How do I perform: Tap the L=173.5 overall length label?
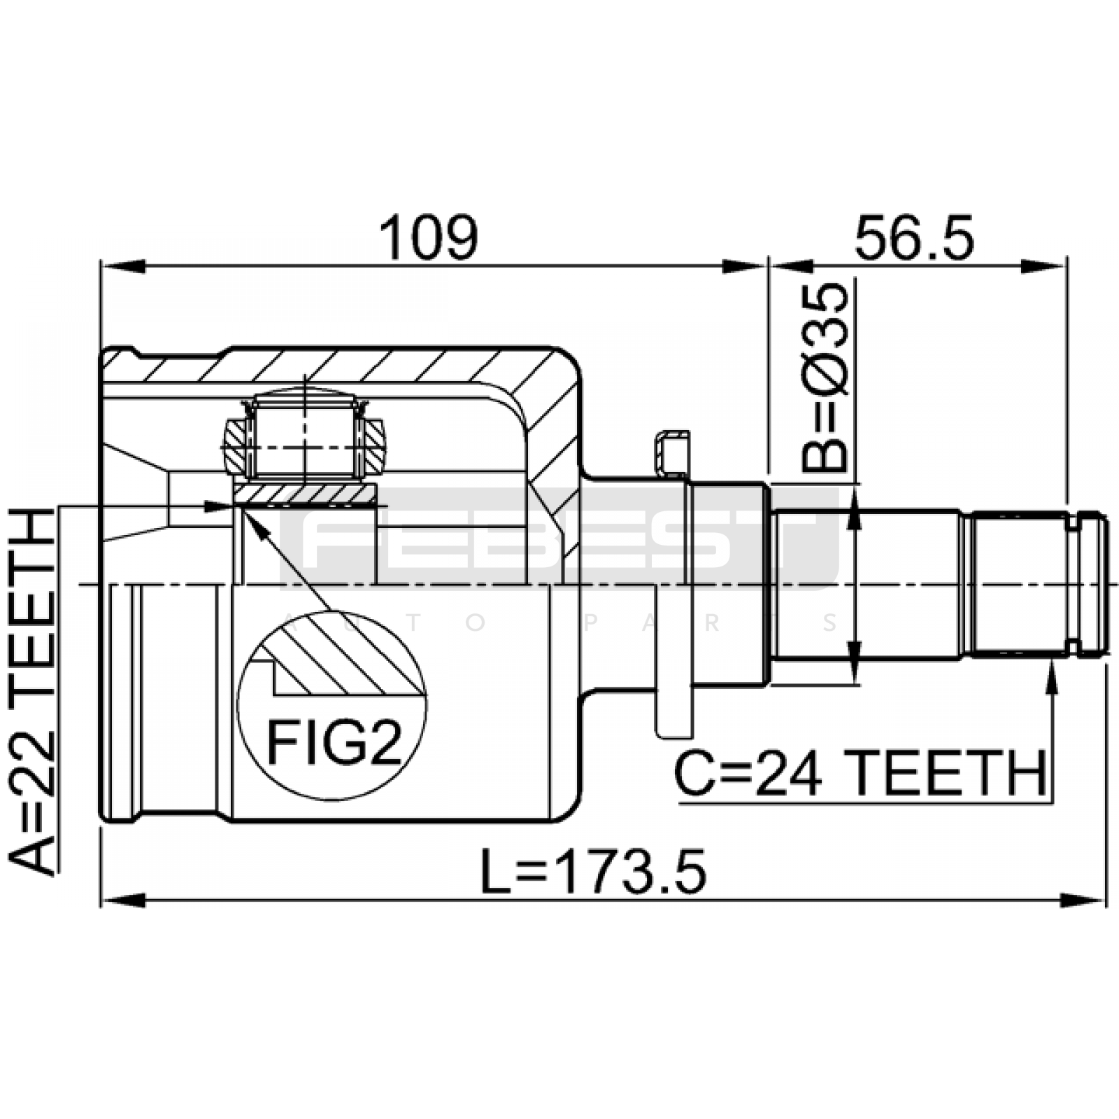click(x=594, y=871)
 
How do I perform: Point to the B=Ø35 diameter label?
click(x=825, y=378)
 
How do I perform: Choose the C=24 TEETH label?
click(x=860, y=774)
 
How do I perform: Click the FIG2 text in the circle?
click(x=334, y=743)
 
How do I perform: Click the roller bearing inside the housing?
click(x=304, y=437)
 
